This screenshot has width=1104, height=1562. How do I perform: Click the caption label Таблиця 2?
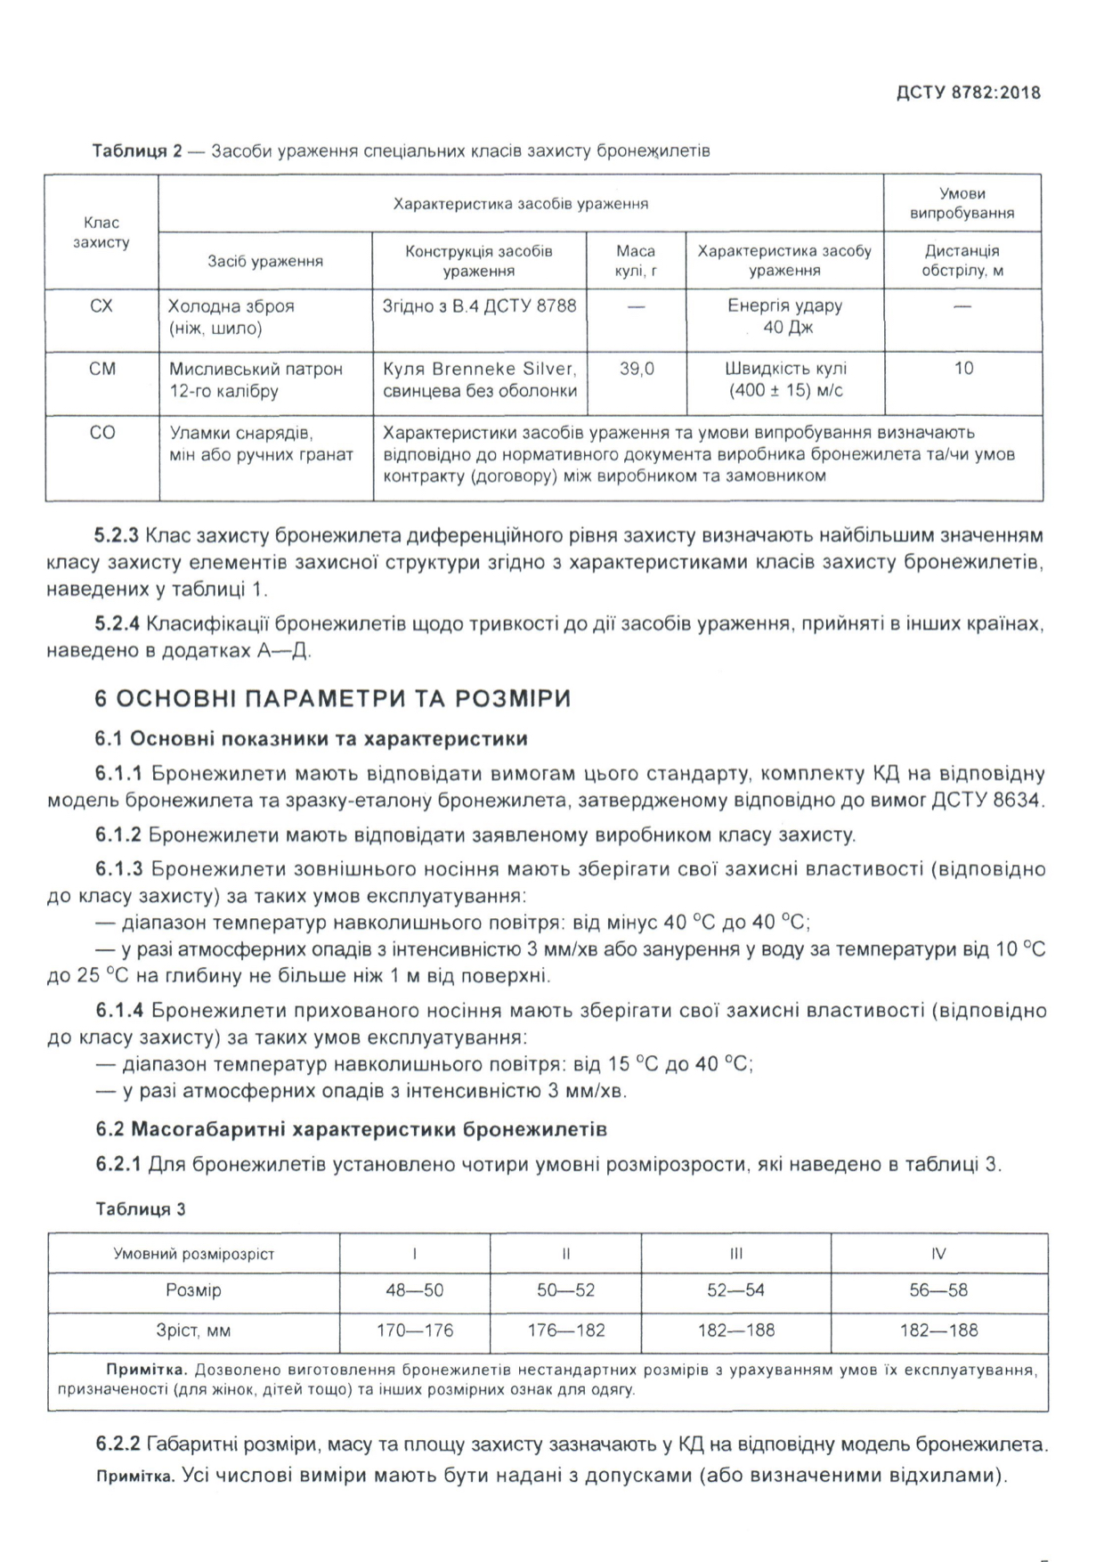pyautogui.click(x=137, y=151)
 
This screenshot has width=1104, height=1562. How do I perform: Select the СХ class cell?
pyautogui.click(x=101, y=306)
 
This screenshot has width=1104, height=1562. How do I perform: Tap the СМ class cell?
pyautogui.click(x=102, y=369)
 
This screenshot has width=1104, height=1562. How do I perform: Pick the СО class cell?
pyautogui.click(x=102, y=433)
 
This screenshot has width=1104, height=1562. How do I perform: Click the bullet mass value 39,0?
pyautogui.click(x=637, y=369)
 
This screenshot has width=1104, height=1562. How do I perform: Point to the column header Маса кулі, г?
pyautogui.click(x=636, y=260)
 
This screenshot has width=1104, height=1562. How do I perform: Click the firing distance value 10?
pyautogui.click(x=963, y=369)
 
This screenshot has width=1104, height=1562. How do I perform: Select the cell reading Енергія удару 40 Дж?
pyautogui.click(x=784, y=317)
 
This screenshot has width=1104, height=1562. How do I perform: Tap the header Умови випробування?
pyautogui.click(x=962, y=203)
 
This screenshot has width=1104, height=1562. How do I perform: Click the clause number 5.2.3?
pyautogui.click(x=117, y=536)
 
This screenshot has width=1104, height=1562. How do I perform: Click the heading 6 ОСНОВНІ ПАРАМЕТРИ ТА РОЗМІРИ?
pyautogui.click(x=332, y=698)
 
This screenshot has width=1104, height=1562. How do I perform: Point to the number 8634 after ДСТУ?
pyautogui.click(x=1016, y=800)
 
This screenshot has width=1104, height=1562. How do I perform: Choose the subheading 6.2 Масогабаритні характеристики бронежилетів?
pyautogui.click(x=351, y=1130)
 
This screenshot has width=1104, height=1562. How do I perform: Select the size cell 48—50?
pyautogui.click(x=414, y=1290)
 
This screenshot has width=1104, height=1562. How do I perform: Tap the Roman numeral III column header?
pyautogui.click(x=735, y=1254)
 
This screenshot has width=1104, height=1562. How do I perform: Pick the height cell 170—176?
pyautogui.click(x=414, y=1330)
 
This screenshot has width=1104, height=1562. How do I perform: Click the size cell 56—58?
pyautogui.click(x=938, y=1290)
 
